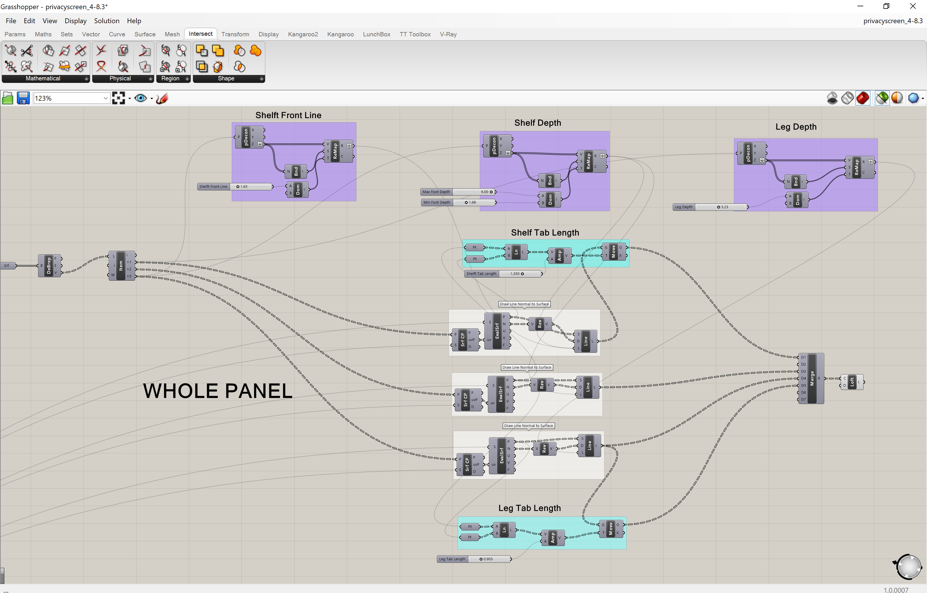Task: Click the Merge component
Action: pyautogui.click(x=812, y=378)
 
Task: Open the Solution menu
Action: pyautogui.click(x=107, y=21)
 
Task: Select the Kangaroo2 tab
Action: pyautogui.click(x=303, y=34)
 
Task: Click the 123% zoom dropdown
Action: pyautogui.click(x=72, y=98)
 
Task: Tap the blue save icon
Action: pyautogui.click(x=23, y=98)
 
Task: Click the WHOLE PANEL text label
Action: pyautogui.click(x=218, y=391)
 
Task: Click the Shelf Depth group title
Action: pyautogui.click(x=537, y=123)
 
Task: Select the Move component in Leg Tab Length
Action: pyautogui.click(x=611, y=529)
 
